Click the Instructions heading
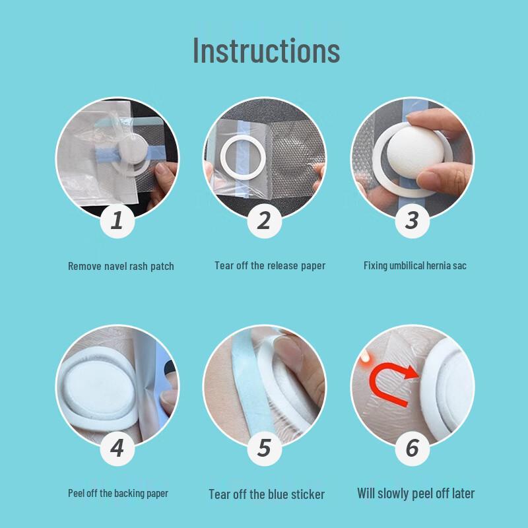[267, 51]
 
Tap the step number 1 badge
[117, 221]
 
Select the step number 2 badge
[264, 221]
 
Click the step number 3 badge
[412, 221]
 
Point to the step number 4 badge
[117, 449]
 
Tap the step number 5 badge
[264, 449]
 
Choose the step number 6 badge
[412, 449]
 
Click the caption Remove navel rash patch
[121, 267]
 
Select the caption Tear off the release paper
[270, 266]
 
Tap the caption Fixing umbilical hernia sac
[415, 266]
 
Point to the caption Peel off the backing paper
[118, 493]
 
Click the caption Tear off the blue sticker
[267, 494]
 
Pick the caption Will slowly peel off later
[416, 493]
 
